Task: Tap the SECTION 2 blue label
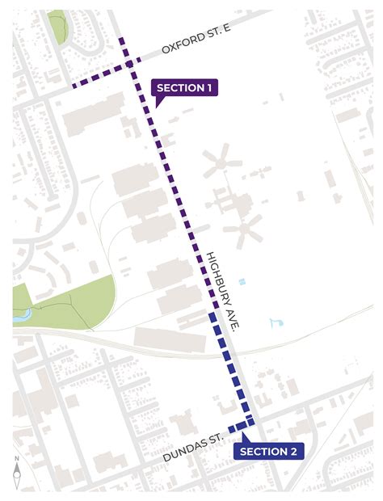coord(268,451)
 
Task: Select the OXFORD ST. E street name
coord(196,50)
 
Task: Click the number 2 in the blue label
coord(293,451)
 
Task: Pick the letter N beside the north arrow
coord(17,461)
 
